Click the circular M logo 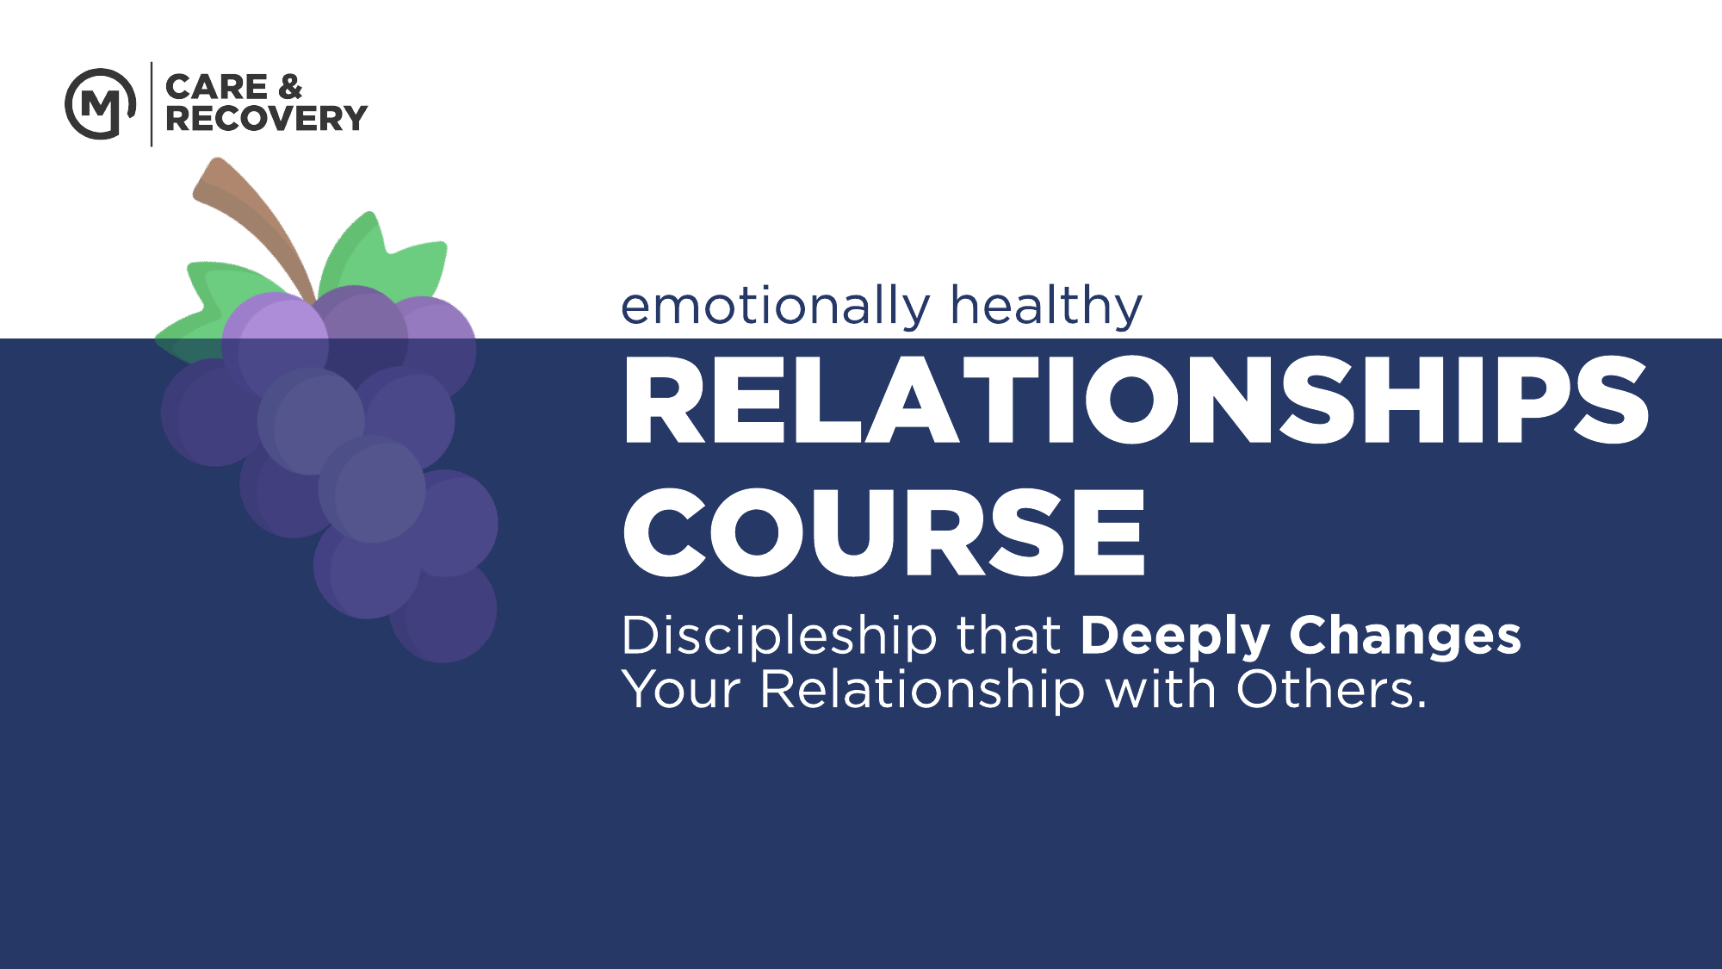101,104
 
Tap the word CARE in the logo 217,87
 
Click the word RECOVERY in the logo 266,118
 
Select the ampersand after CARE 290,87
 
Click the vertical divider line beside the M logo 152,104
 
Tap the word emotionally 776,307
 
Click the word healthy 1046,307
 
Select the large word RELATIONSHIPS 1136,401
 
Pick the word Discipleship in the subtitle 778,637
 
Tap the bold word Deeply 1175,637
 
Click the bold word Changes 1405,637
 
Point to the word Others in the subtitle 1331,690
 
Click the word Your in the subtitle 681,690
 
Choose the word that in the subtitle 1008,637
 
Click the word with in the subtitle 1161,689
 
